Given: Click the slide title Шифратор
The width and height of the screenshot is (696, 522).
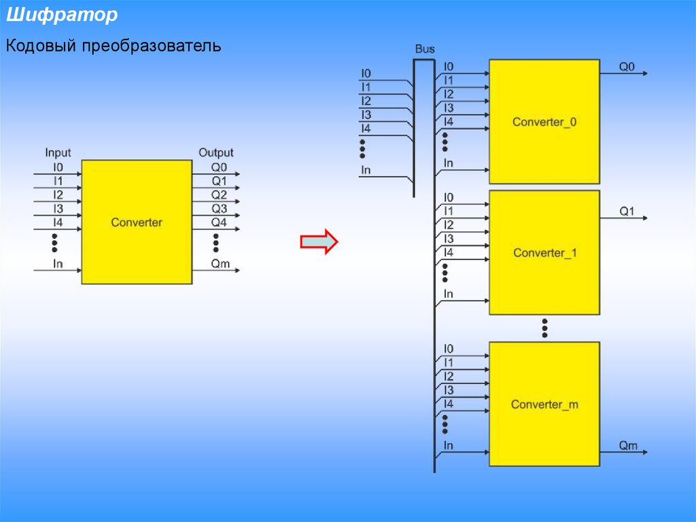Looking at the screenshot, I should coord(62,16).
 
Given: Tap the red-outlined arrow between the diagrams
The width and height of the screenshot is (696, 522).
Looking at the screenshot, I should coord(319,242).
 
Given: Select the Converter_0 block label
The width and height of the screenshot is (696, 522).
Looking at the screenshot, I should coord(544,123).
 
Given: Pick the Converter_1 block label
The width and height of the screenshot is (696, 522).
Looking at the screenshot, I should coord(544,253).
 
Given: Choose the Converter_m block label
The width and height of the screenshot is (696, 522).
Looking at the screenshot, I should coord(544,404).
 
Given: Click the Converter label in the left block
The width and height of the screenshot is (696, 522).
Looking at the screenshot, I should coord(137,223).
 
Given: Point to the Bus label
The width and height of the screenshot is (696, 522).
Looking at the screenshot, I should coord(425,50).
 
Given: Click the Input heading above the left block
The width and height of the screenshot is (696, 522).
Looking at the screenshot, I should coord(58,153).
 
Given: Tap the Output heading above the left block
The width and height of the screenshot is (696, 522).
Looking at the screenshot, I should coord(215,153).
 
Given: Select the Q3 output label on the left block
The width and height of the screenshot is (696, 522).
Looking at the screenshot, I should coord(219,209).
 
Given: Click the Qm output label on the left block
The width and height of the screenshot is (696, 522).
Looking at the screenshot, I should coord(220,264).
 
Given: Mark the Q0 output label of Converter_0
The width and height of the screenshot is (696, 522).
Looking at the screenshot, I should coord(627,67).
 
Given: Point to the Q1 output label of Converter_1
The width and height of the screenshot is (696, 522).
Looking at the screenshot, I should coord(627,212).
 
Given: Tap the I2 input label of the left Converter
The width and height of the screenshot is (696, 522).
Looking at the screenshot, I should coord(58,195).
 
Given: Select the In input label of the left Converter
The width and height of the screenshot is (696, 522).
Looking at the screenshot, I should coord(58,264).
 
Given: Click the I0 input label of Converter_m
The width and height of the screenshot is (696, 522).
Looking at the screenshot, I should coord(449,349).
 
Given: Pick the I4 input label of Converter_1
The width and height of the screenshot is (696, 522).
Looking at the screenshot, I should coord(449,252).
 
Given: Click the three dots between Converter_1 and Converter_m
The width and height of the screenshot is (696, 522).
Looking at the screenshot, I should coord(544,327).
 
